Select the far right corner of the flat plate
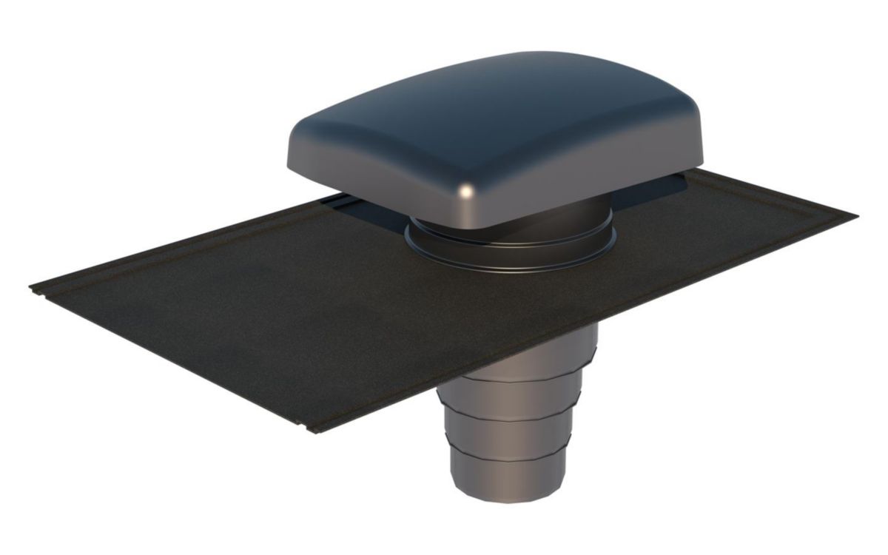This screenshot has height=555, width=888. pos(857,216)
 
